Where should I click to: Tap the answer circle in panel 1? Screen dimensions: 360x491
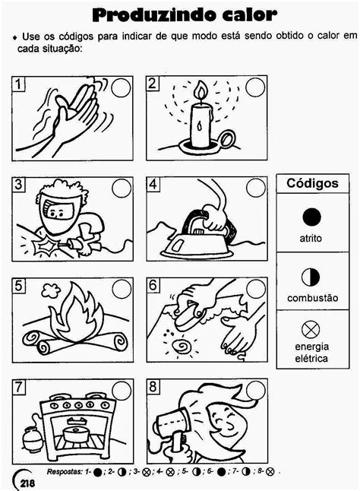pyautogui.click(x=121, y=87)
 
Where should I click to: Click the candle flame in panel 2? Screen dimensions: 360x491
pyautogui.click(x=201, y=90)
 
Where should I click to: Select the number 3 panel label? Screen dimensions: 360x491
pyautogui.click(x=19, y=184)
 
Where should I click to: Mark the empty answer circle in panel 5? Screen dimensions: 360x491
pyautogui.click(x=122, y=289)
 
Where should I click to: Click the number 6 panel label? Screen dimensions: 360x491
pyautogui.click(x=153, y=285)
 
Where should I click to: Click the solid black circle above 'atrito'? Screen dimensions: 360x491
pyautogui.click(x=311, y=217)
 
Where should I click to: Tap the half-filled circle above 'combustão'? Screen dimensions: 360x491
pyautogui.click(x=311, y=277)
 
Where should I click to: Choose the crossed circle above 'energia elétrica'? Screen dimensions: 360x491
pyautogui.click(x=311, y=330)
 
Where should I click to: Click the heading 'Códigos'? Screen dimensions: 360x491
pyautogui.click(x=312, y=183)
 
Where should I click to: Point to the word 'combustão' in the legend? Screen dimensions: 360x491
pyautogui.click(x=312, y=298)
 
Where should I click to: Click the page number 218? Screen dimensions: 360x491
pyautogui.click(x=27, y=483)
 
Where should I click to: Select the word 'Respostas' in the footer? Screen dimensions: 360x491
pyautogui.click(x=65, y=471)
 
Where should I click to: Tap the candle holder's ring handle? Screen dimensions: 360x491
pyautogui.click(x=227, y=139)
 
